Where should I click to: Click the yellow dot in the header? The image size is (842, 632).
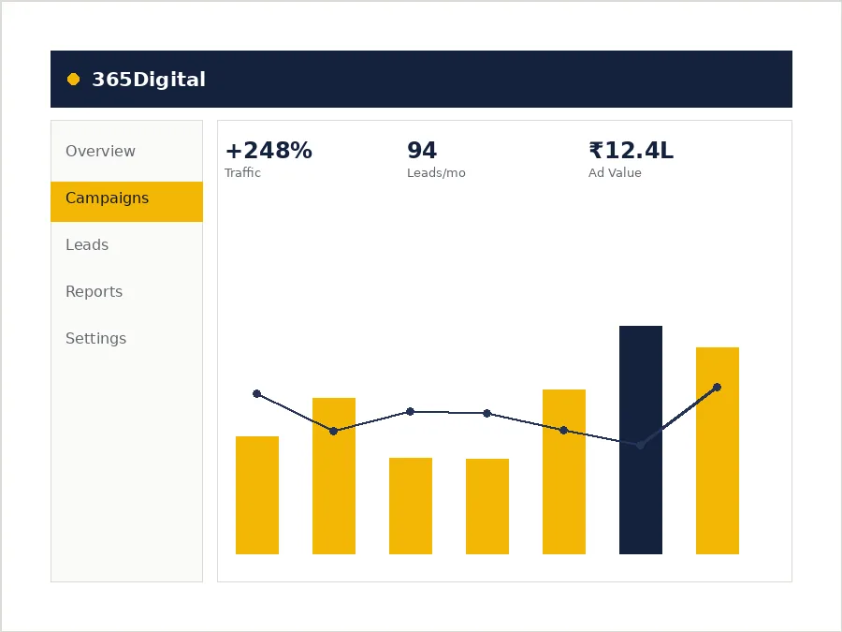tap(74, 80)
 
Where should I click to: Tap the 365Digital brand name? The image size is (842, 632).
tap(149, 80)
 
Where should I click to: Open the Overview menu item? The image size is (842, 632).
tap(100, 151)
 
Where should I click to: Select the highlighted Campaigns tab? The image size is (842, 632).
tap(126, 201)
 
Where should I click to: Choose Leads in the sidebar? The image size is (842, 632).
tap(87, 245)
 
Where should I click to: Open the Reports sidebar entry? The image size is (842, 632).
tap(94, 292)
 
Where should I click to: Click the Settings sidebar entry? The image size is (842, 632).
tap(96, 339)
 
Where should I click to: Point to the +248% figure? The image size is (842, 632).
tap(269, 151)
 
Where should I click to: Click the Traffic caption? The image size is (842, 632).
tap(242, 172)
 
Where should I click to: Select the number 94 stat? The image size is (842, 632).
tap(422, 151)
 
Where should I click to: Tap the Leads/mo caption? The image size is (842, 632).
tap(436, 173)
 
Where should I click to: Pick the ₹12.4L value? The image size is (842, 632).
tap(631, 151)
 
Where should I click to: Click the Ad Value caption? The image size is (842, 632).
tap(615, 172)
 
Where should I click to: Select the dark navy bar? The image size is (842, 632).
tap(641, 440)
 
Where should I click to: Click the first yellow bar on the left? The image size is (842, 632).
tap(257, 495)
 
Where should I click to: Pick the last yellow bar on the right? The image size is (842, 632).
tap(718, 450)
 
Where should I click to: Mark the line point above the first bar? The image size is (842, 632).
tap(256, 394)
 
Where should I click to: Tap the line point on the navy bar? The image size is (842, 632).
tap(640, 445)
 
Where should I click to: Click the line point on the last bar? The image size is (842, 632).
tap(717, 387)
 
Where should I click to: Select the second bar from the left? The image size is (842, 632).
tap(334, 476)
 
